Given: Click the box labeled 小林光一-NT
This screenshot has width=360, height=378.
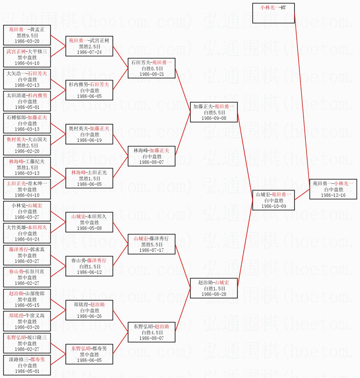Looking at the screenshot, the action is (x=273, y=13).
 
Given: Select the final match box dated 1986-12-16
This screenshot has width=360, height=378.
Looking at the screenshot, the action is (x=333, y=189).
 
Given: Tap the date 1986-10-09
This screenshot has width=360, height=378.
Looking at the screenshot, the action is (x=274, y=206).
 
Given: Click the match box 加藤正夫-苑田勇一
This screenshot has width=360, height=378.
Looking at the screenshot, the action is (x=214, y=112).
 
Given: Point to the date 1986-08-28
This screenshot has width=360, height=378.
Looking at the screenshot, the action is (x=214, y=294).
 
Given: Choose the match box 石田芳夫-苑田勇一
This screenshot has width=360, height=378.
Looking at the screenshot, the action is (x=151, y=68).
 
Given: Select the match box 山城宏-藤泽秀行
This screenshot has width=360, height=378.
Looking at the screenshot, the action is (x=151, y=244).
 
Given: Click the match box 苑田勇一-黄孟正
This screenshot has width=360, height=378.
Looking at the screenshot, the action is (x=27, y=35).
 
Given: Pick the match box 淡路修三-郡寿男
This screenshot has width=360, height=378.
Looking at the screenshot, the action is (x=27, y=365).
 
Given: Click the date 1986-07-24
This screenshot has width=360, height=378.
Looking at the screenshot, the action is (x=89, y=52).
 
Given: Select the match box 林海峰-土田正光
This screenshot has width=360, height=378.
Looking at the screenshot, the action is (x=89, y=178).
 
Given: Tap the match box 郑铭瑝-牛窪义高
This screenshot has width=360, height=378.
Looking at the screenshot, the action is (x=27, y=321).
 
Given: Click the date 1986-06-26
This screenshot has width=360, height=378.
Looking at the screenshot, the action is (x=89, y=316).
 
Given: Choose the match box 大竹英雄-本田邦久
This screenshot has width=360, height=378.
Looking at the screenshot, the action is (x=27, y=233).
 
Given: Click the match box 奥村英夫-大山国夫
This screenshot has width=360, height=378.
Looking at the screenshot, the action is (x=27, y=145).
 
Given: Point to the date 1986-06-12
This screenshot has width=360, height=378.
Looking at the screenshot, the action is (x=89, y=272).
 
